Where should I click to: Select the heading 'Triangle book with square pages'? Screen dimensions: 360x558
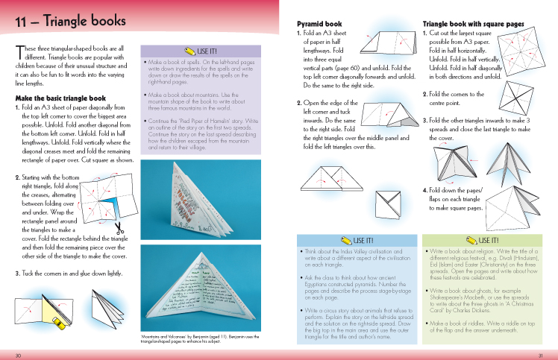pos(473,24)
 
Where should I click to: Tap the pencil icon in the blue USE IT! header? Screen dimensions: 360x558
pos(346,240)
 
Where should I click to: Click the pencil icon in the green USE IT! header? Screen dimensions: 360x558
pos(472,240)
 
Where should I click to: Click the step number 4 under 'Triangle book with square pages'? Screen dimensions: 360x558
pos(424,190)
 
